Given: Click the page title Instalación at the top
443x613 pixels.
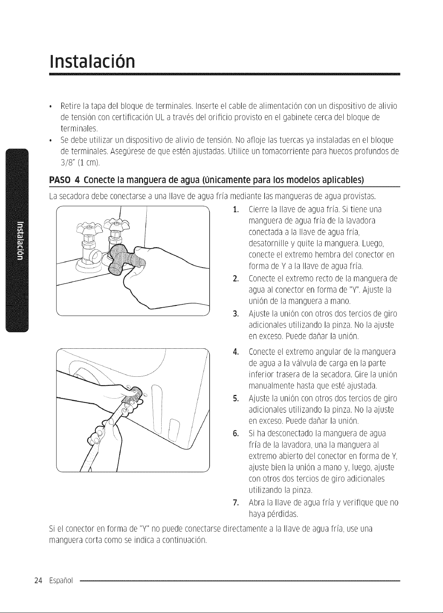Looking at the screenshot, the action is click(x=92, y=62).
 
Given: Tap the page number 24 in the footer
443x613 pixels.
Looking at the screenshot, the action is click(x=38, y=587).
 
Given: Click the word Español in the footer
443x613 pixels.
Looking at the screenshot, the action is click(x=61, y=587).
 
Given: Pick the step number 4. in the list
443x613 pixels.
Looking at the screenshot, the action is click(x=236, y=352).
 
